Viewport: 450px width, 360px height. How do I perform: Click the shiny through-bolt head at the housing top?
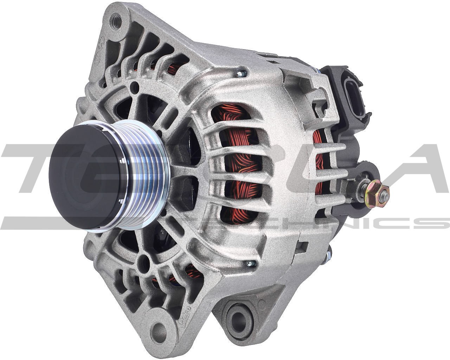[241, 73]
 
